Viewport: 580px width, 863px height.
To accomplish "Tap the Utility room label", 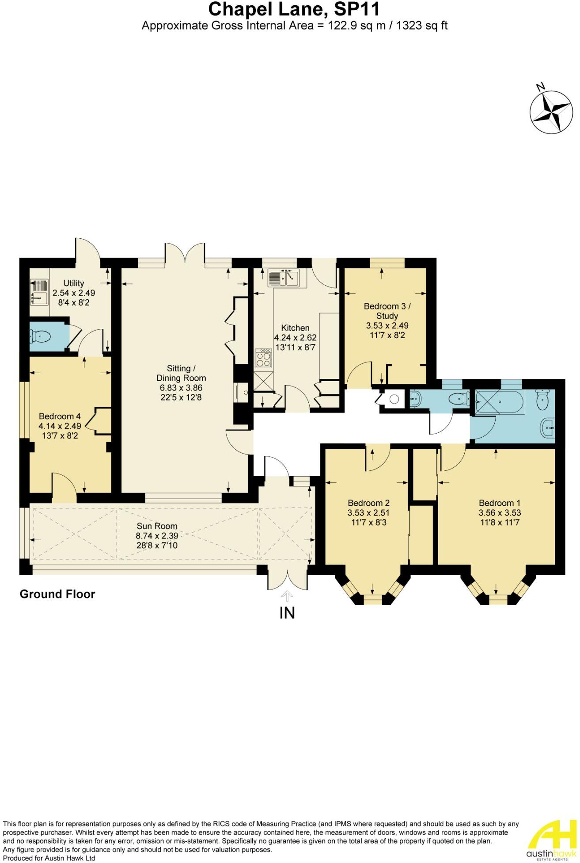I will (x=74, y=283).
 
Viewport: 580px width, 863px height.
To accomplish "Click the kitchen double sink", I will (x=284, y=279).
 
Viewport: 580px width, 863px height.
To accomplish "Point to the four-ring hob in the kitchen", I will (x=263, y=359).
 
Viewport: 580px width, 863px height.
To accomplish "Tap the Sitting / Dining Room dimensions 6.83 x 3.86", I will (x=181, y=388).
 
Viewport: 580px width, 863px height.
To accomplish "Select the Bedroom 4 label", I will (x=60, y=416).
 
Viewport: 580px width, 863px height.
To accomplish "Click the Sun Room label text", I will (x=157, y=526).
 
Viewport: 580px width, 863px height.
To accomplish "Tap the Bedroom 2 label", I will (x=368, y=503).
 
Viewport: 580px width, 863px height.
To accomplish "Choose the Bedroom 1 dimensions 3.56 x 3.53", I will (x=500, y=513).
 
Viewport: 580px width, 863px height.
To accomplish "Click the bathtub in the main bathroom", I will (x=500, y=402).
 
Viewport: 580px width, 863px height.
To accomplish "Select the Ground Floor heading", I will (x=57, y=594).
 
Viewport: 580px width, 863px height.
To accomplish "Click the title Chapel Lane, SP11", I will (x=294, y=9).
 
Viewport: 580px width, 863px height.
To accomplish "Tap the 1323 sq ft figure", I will (x=422, y=26).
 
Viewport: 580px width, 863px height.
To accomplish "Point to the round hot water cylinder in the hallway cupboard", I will (x=394, y=399).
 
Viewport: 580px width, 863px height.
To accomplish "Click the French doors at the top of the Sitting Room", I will (x=185, y=254).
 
